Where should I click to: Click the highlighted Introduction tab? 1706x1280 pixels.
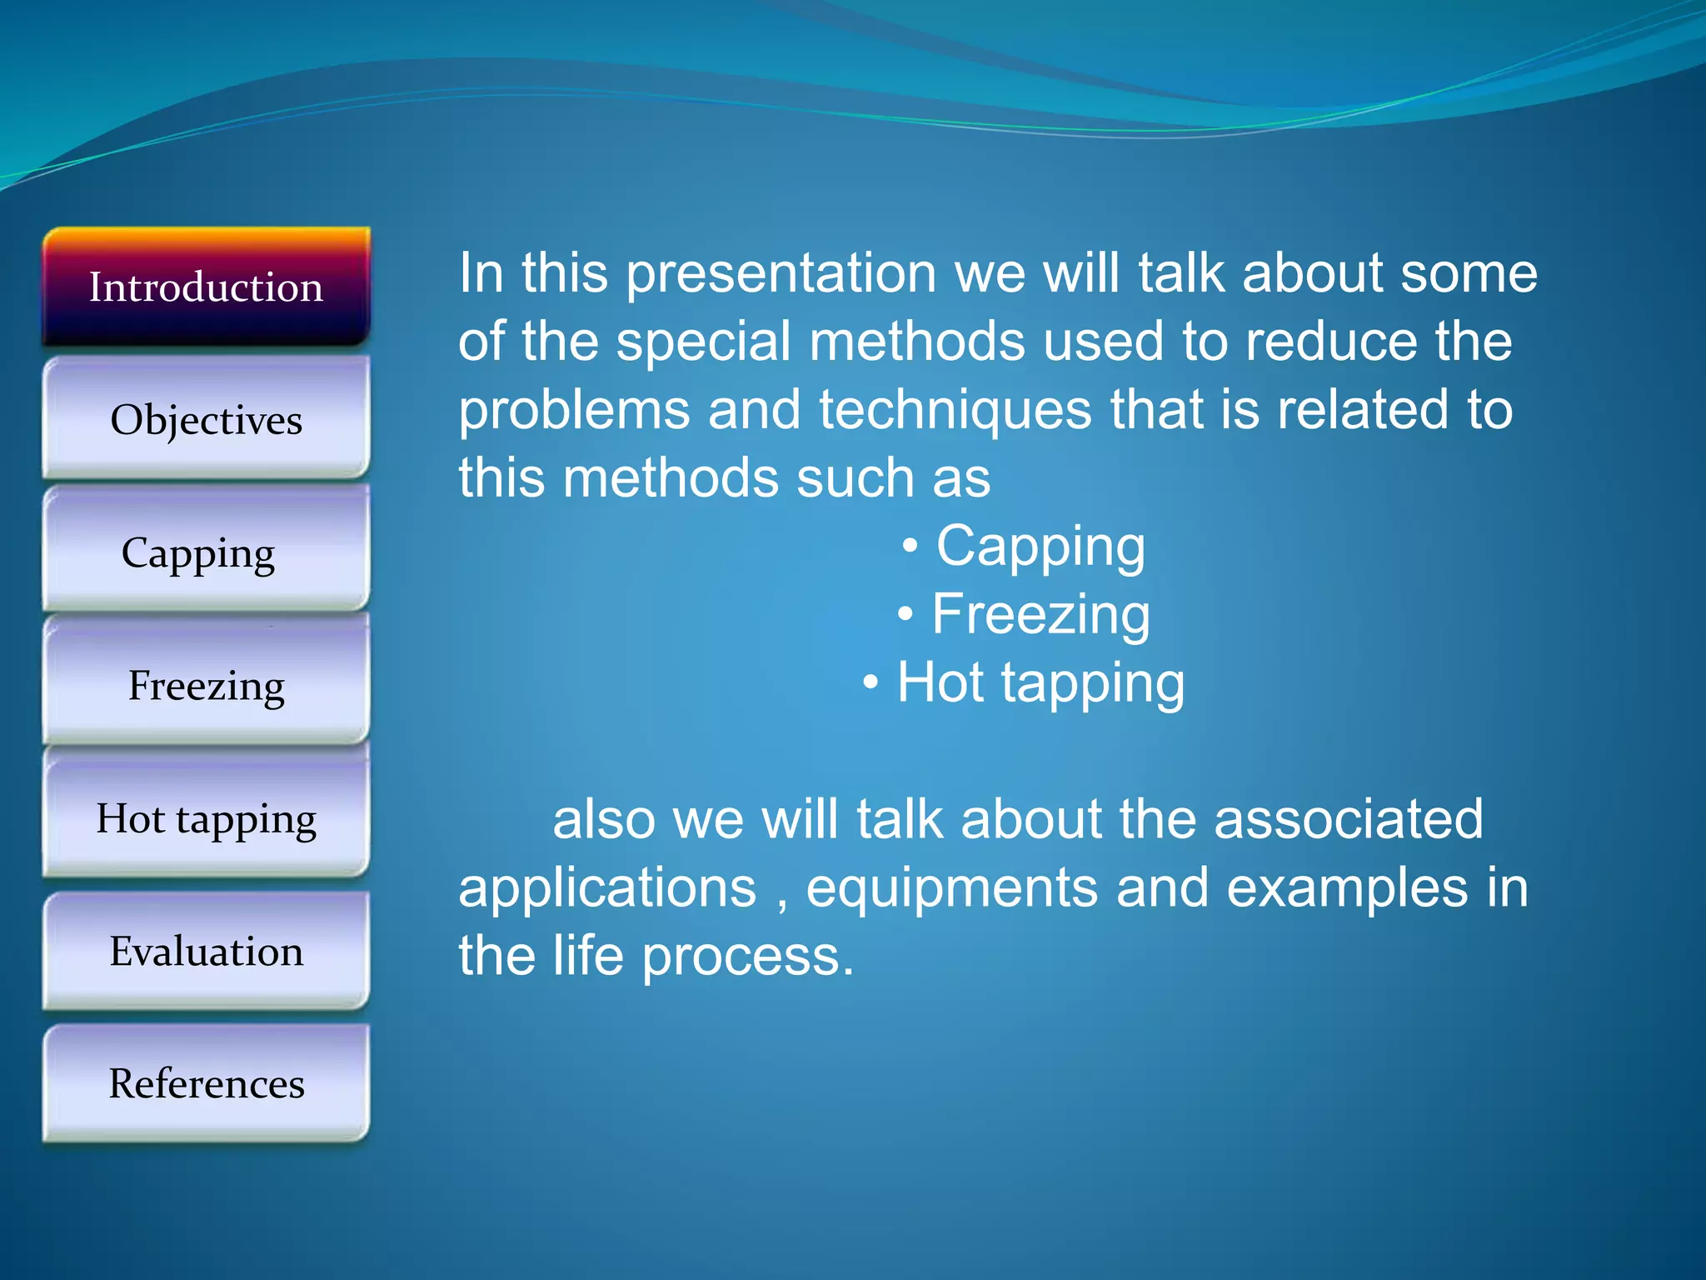point(206,287)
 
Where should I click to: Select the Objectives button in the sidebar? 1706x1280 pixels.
point(206,419)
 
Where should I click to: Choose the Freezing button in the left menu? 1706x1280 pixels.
point(206,686)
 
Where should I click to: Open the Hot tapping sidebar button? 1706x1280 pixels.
point(206,818)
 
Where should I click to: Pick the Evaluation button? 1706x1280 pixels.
point(206,951)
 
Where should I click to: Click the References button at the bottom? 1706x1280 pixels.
point(206,1083)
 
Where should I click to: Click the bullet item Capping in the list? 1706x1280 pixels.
point(1040,547)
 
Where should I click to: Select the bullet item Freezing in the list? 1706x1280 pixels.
point(1040,615)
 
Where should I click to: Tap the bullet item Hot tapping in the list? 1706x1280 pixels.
point(1040,683)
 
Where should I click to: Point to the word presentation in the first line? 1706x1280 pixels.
point(781,274)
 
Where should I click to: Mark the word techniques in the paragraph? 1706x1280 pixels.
point(955,410)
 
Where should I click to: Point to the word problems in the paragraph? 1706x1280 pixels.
point(574,410)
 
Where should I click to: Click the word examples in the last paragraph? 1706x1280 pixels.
point(1347,888)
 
